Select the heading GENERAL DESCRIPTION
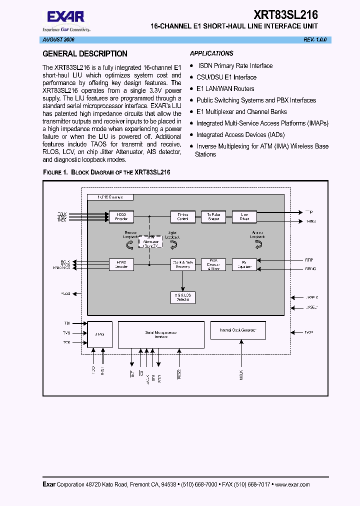(x=85, y=54)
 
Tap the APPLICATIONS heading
(x=211, y=53)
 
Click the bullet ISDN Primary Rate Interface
(x=235, y=65)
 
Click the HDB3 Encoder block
(x=121, y=216)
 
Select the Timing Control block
(x=182, y=216)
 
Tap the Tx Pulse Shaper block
(x=213, y=216)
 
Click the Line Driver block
(x=244, y=216)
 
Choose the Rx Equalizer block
(x=244, y=264)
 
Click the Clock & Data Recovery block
(x=182, y=264)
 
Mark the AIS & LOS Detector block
(x=182, y=297)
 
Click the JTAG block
(x=100, y=334)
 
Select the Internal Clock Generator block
(x=237, y=330)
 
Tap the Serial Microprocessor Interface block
(x=161, y=334)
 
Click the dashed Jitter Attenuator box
(x=150, y=242)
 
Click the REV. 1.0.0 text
(x=315, y=39)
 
